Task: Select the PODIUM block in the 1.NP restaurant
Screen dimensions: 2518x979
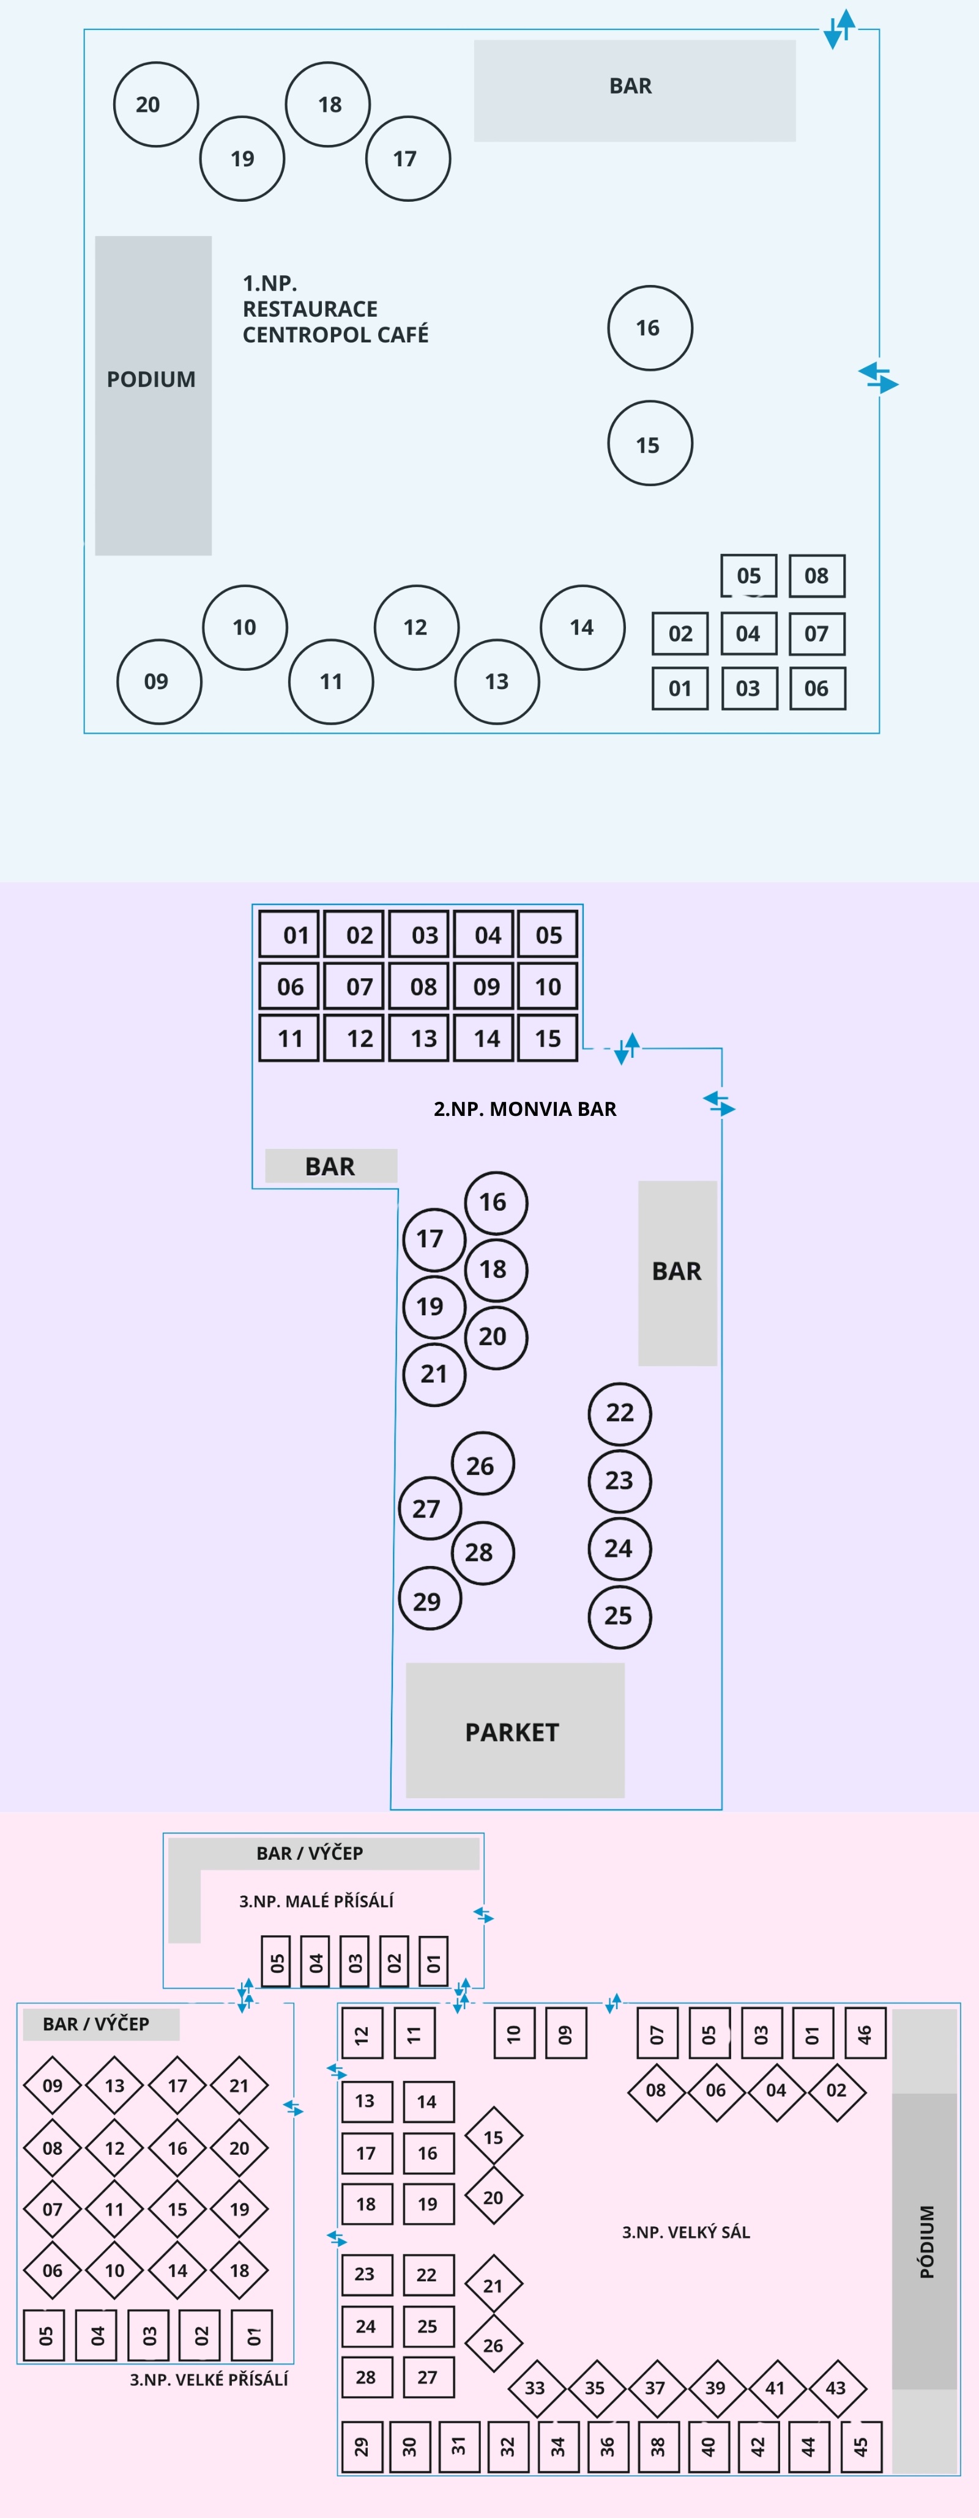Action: pyautogui.click(x=152, y=395)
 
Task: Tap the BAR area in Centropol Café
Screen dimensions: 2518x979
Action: pyautogui.click(x=634, y=90)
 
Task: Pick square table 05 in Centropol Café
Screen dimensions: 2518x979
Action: pyautogui.click(x=748, y=576)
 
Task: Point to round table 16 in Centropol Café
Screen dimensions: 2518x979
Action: pyautogui.click(x=649, y=328)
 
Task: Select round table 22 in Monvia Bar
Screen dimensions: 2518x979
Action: pyautogui.click(x=619, y=1412)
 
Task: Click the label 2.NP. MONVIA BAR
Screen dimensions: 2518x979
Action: pyautogui.click(x=524, y=1109)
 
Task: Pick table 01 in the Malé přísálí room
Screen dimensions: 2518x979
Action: pyautogui.click(x=433, y=1961)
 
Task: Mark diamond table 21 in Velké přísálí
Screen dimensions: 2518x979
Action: pyautogui.click(x=239, y=2085)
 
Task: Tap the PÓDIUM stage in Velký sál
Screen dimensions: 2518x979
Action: pyautogui.click(x=925, y=2239)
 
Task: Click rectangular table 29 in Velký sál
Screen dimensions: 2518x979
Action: pyautogui.click(x=362, y=2446)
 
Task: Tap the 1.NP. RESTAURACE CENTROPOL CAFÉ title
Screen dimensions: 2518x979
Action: pyautogui.click(x=335, y=309)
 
